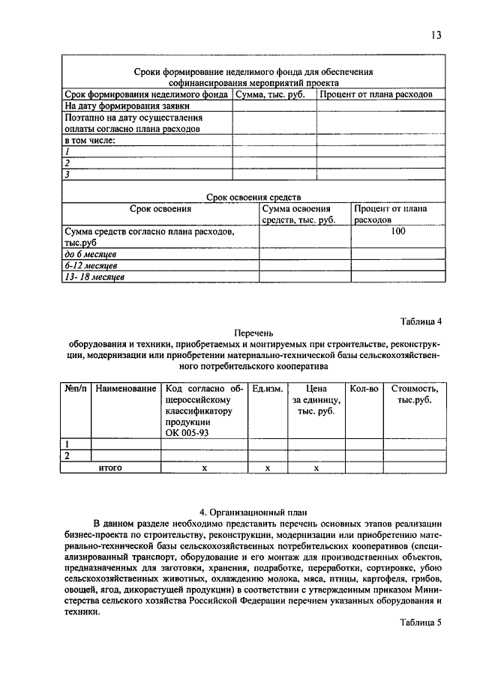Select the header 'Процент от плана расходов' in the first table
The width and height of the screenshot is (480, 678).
[376, 95]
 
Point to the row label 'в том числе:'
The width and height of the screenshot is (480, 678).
[90, 140]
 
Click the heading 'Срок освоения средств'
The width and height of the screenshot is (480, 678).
[253, 196]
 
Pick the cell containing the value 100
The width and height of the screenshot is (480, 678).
[397, 232]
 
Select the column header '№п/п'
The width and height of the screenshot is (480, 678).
[76, 389]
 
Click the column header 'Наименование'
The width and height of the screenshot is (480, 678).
[126, 389]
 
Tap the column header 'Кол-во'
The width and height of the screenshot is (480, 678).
[364, 389]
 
